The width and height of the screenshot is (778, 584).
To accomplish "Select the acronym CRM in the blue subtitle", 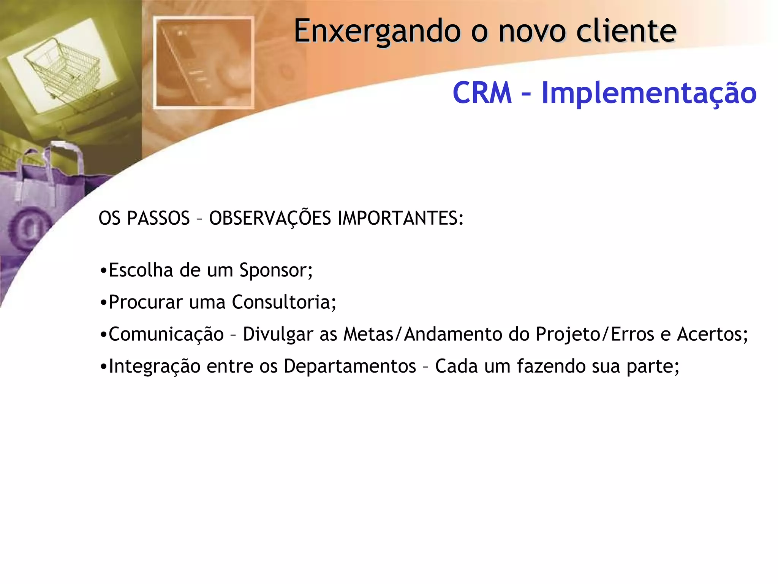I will coord(482,93).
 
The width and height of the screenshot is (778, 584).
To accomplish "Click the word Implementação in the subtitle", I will coord(649,94).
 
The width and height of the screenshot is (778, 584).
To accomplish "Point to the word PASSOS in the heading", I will coord(158,218).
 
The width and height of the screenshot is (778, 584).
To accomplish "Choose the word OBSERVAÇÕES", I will coord(270,218).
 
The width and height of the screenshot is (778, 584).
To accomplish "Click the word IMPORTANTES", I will coord(400,218).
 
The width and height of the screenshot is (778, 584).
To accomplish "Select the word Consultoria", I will coord(284,302).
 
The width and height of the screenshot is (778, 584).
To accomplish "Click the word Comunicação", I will coord(166,335).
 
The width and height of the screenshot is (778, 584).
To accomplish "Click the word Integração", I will coord(155,367).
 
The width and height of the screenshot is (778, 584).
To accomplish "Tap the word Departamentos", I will coord(350,367).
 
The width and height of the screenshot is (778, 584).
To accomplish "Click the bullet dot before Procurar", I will coord(103,303).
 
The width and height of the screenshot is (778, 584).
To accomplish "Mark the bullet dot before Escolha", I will coord(103,271).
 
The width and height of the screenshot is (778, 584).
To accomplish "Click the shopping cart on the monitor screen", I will coord(63,68).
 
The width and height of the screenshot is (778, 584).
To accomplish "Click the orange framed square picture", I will coord(204,62).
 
